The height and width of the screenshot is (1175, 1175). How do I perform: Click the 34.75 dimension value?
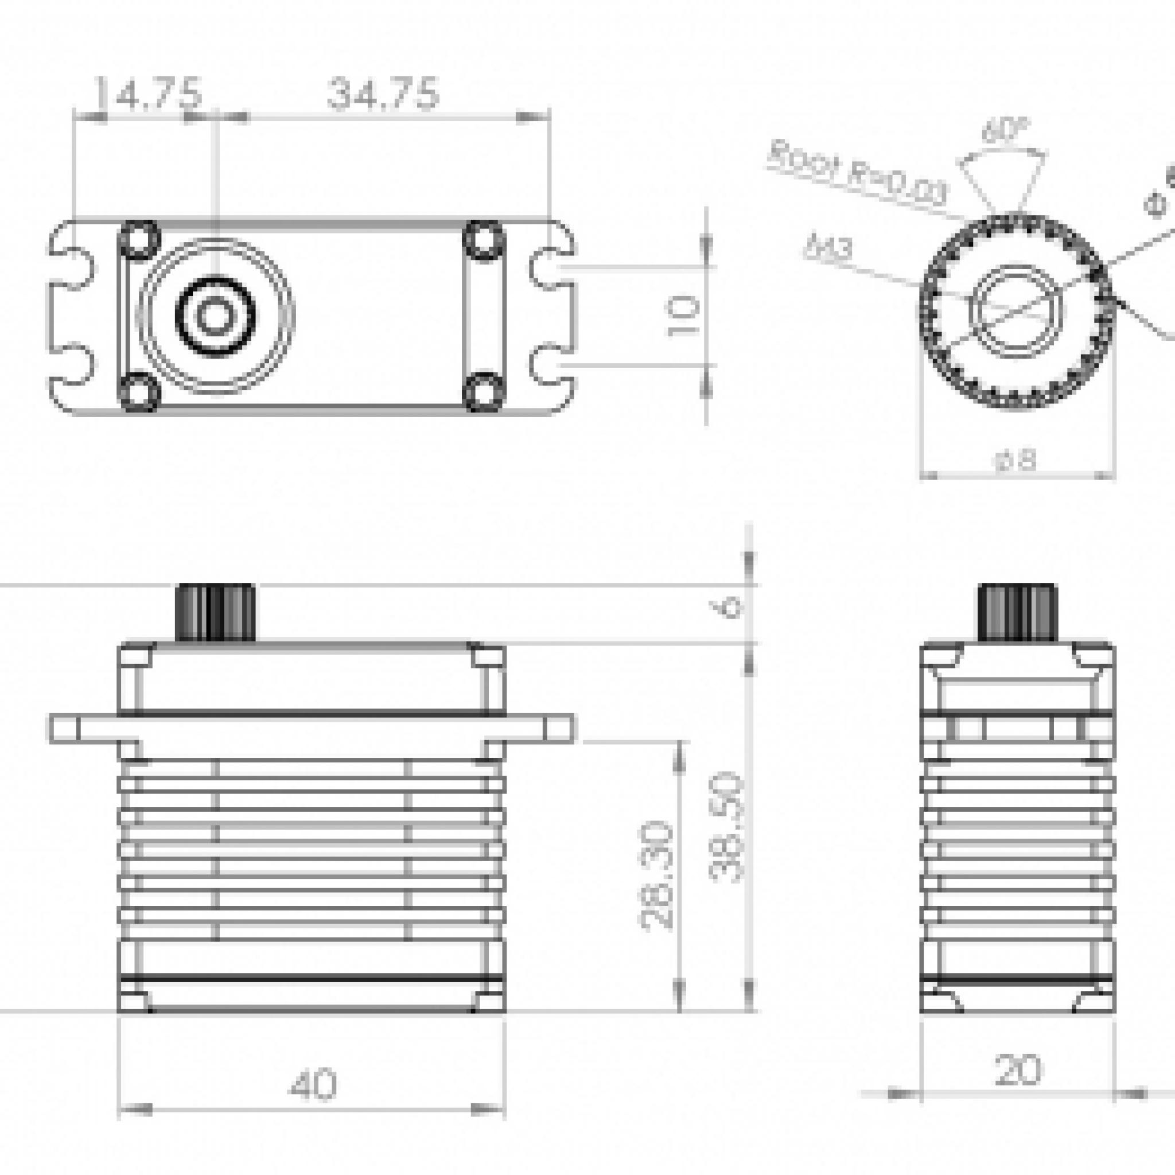tap(383, 95)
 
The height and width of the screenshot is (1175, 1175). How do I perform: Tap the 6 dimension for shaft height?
tap(732, 606)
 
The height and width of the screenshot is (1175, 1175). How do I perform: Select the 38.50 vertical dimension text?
tap(727, 827)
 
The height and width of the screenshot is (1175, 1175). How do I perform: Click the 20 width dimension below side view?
tap(1017, 1071)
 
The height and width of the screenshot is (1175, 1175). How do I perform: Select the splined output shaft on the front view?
tap(215, 612)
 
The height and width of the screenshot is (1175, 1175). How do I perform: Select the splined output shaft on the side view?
tap(1017, 612)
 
